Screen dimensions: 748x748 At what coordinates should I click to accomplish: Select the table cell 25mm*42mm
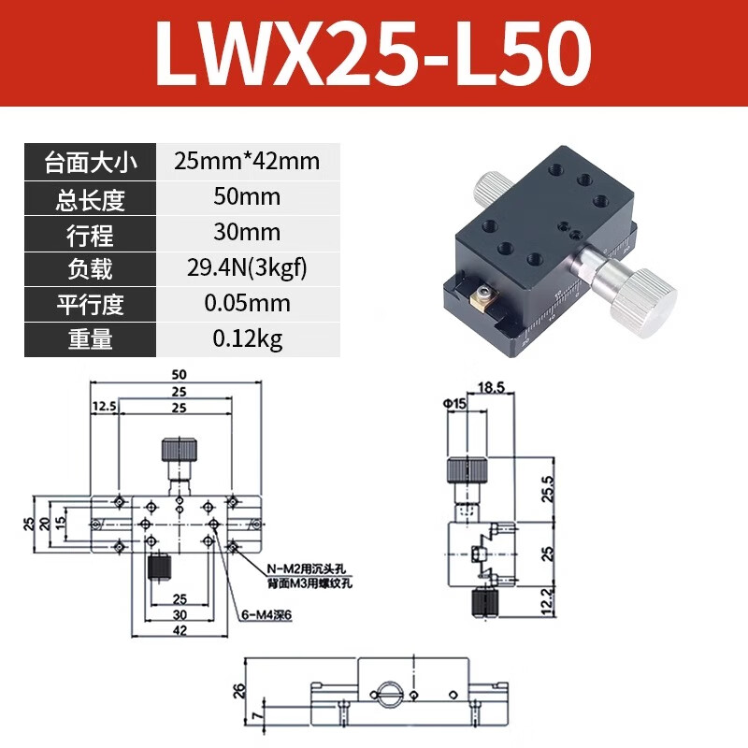246,162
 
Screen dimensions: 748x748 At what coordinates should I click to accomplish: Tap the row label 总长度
90,197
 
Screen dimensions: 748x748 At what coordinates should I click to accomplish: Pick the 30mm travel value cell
246,233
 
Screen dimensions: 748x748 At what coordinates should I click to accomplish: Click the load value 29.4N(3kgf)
246,269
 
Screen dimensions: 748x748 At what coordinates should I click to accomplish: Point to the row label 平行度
90,305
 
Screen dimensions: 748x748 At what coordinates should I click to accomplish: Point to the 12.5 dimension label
105,406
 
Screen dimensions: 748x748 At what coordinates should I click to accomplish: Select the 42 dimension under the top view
179,630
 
